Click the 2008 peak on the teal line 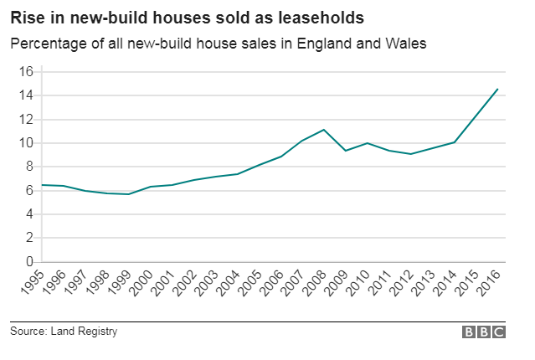[324, 130]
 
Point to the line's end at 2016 [498, 90]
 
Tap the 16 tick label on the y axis [25, 72]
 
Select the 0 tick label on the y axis [28, 262]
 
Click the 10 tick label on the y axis [25, 143]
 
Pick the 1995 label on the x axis [31, 285]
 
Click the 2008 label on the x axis [314, 285]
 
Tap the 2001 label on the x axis [162, 285]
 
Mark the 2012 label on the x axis [401, 285]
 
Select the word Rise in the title [26, 17]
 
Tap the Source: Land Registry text [64, 332]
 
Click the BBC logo [484, 332]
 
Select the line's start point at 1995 [43, 185]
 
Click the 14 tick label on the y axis [25, 95]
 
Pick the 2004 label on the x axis [227, 285]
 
